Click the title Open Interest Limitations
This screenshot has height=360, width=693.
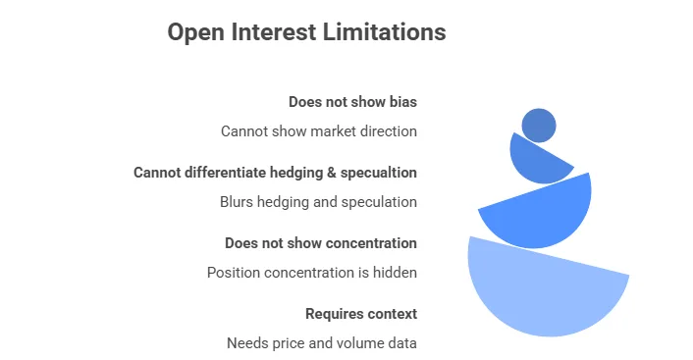click(306, 32)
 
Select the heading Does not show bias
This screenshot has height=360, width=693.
click(352, 102)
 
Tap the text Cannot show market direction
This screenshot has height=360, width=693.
click(318, 131)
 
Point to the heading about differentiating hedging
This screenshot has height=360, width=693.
click(275, 173)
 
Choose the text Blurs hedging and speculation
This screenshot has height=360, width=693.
click(318, 202)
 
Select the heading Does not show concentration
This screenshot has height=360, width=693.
click(320, 243)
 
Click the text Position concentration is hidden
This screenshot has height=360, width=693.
click(311, 273)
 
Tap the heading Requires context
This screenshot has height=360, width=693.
click(360, 314)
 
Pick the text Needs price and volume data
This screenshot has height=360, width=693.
click(321, 343)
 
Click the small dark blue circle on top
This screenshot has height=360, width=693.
click(539, 126)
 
